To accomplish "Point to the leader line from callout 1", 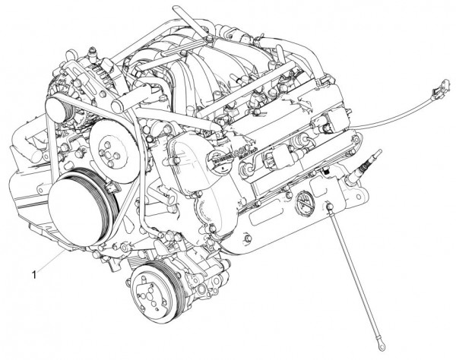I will point(49,260).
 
